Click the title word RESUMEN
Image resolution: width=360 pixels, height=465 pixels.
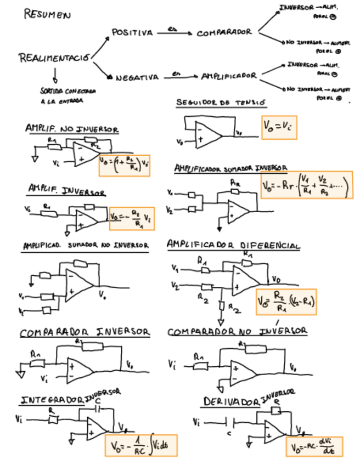[47, 14]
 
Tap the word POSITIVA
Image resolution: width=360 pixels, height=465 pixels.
[132, 33]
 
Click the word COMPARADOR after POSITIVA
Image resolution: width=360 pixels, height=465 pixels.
[224, 33]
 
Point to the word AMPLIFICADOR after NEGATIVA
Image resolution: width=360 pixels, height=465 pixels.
[229, 76]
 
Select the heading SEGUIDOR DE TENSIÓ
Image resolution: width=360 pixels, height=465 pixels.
[213, 103]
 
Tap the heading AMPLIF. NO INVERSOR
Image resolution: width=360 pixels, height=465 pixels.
[71, 129]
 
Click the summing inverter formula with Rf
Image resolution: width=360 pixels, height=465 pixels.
[306, 185]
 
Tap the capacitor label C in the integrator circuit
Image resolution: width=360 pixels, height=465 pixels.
[98, 402]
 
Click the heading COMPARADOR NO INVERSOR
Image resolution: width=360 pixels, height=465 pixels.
[237, 332]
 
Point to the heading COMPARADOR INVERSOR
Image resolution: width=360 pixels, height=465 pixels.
[85, 332]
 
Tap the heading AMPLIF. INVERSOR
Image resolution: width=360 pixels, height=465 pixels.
[67, 190]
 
